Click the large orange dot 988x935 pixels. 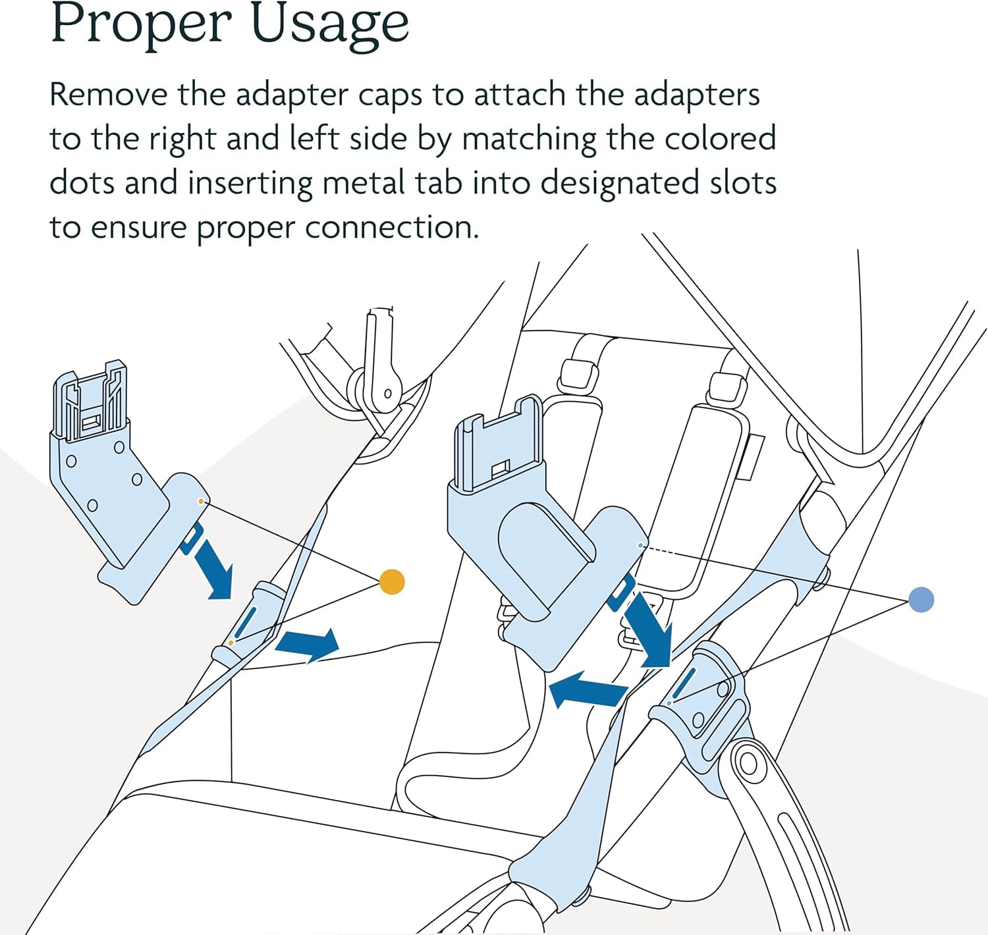392,581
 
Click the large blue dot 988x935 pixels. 921,600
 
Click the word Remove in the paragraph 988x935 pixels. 108,95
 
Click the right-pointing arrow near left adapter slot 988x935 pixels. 308,643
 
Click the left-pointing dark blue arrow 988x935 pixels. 586,688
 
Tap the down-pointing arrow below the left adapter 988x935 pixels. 214,568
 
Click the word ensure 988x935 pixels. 138,228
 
